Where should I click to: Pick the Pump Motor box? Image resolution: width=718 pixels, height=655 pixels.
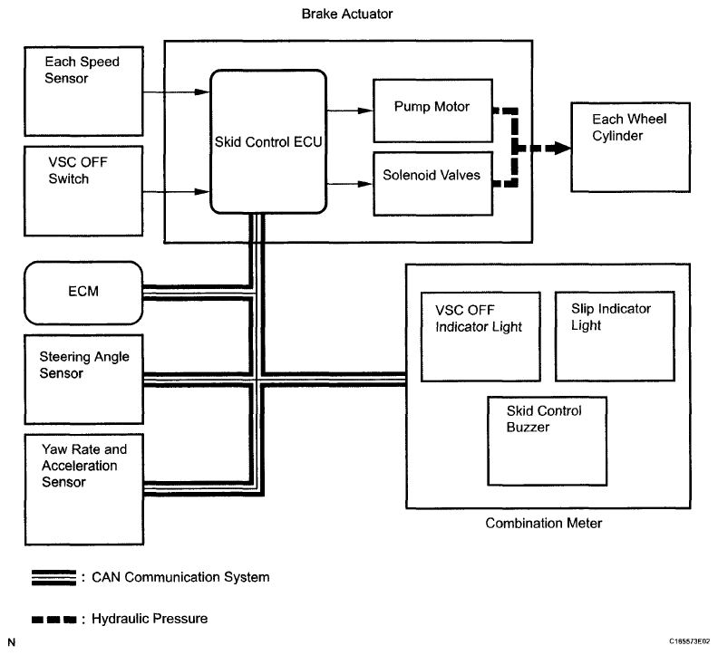431,109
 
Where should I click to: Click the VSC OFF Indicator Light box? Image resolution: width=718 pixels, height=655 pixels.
480,335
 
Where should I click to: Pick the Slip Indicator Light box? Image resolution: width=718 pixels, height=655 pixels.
614,335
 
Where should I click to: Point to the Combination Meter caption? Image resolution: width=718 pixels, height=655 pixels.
543,524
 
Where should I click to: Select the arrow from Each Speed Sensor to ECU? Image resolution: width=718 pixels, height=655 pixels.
176,90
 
